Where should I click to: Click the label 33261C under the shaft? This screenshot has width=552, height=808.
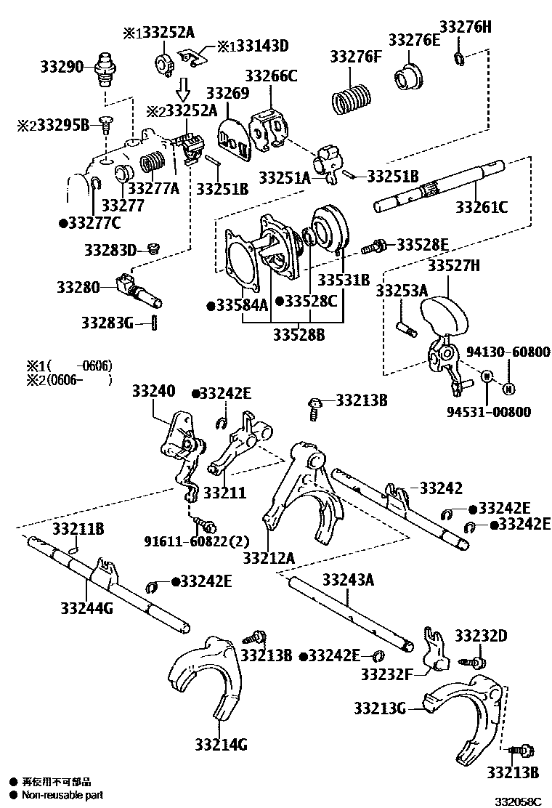pyautogui.click(x=482, y=207)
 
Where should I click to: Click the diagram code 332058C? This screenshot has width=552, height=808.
pyautogui.click(x=519, y=801)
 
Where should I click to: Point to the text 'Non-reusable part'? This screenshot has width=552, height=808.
pyautogui.click(x=62, y=795)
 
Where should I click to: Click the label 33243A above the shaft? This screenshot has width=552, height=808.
pyautogui.click(x=348, y=579)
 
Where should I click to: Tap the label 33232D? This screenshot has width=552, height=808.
pyautogui.click(x=481, y=636)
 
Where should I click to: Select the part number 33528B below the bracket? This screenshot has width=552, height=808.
pyautogui.click(x=299, y=334)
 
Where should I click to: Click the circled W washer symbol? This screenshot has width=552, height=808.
pyautogui.click(x=487, y=376)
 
